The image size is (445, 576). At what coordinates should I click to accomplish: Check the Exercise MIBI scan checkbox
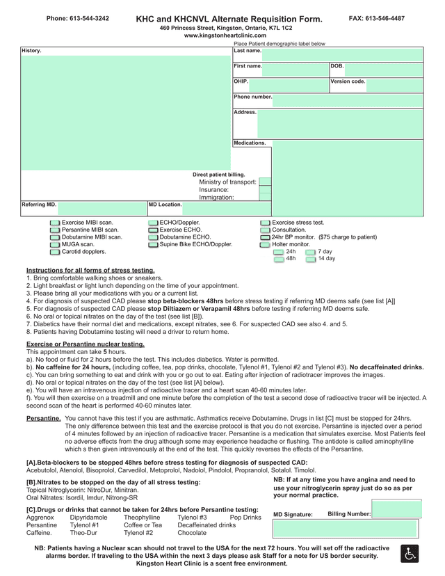pos(55,223)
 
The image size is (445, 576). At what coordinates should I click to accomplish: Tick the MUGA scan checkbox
pos(55,245)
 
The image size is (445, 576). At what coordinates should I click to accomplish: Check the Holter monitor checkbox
pos(265,245)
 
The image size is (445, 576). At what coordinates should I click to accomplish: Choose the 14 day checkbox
pos(311,259)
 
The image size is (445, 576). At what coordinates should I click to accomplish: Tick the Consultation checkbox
pos(265,230)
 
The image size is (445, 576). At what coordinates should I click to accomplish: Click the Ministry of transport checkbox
pos(265,182)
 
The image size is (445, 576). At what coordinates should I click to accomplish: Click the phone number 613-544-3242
pos(78,18)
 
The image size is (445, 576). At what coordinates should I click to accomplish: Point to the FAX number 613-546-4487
pos(376,18)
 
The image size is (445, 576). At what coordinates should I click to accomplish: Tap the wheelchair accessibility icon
pos(410,554)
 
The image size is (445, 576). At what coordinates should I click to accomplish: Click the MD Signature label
pos(293,515)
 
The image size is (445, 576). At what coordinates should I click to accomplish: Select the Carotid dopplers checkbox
pos(55,252)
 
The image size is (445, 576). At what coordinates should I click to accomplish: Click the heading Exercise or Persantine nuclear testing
pos(86,344)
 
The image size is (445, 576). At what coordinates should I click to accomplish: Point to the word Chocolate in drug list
pos(193,533)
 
